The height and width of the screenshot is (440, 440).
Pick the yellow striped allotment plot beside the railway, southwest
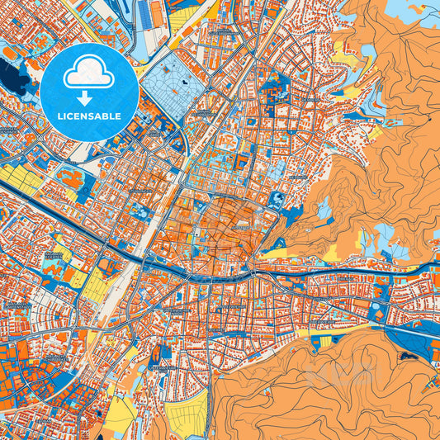(96, 286)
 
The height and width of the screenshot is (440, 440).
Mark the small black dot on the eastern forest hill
(430, 121)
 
